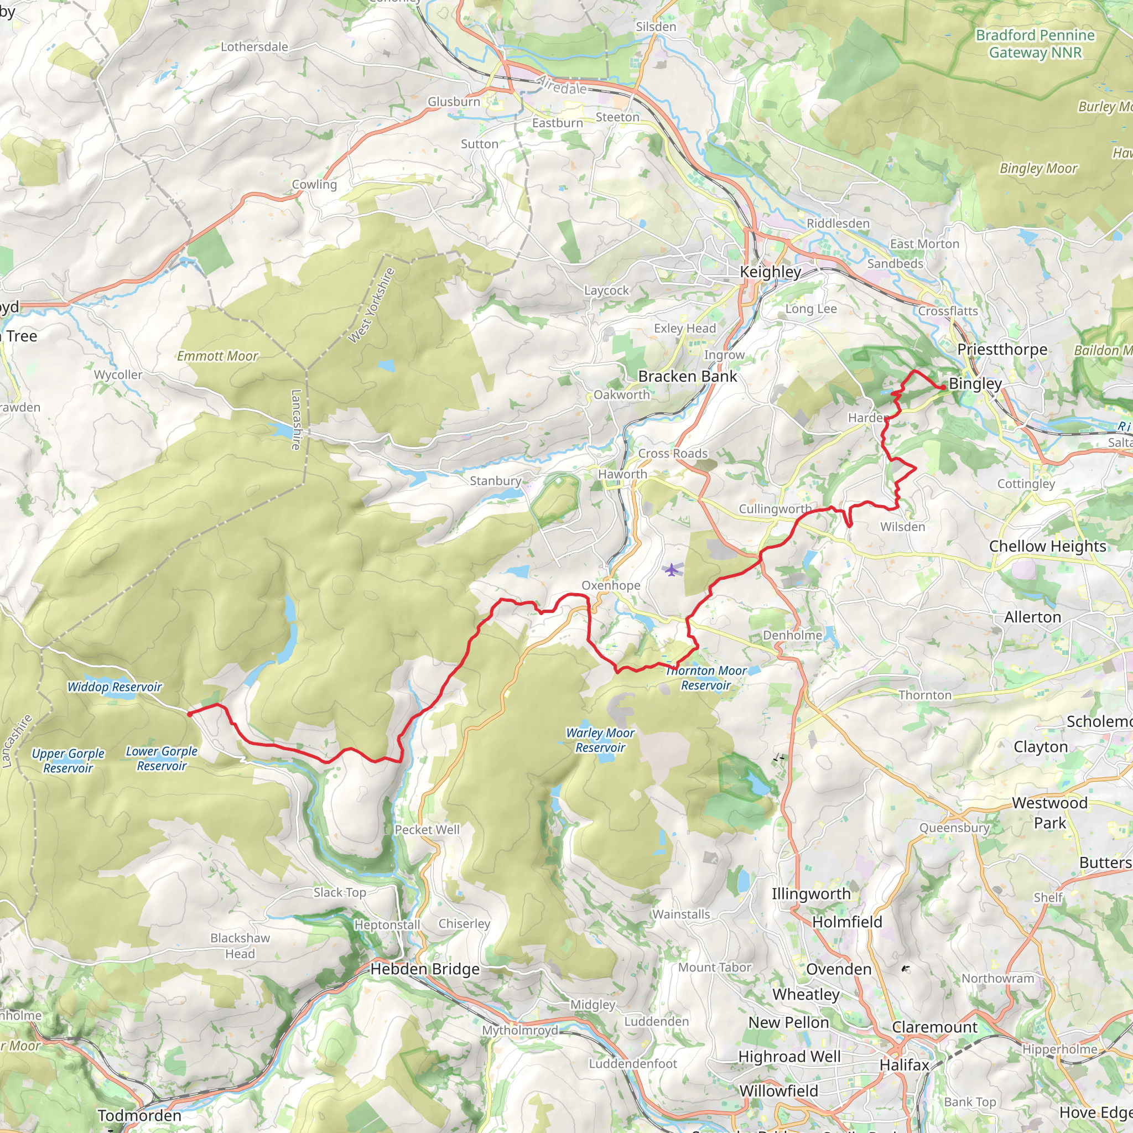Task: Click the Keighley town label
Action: coord(770,272)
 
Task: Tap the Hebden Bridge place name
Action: coord(424,969)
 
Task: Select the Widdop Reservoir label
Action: coord(115,687)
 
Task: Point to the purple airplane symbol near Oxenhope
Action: coord(672,569)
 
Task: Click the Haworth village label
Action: coord(622,474)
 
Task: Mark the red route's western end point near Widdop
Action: coord(189,714)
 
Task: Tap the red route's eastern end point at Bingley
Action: coord(942,388)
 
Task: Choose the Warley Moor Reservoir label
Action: coord(600,740)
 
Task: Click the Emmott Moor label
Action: coord(217,356)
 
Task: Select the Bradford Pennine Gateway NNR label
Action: coord(1035,44)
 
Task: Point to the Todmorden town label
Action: coord(139,1115)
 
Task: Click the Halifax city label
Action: coord(905,1064)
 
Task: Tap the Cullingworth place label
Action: coord(775,508)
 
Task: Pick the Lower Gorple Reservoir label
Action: coord(162,758)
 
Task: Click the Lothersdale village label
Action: coord(254,47)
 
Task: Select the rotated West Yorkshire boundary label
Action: coord(371,305)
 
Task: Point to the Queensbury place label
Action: coord(954,828)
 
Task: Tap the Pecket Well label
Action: coord(427,830)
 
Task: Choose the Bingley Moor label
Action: coord(1038,169)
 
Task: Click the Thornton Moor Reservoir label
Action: coord(706,678)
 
